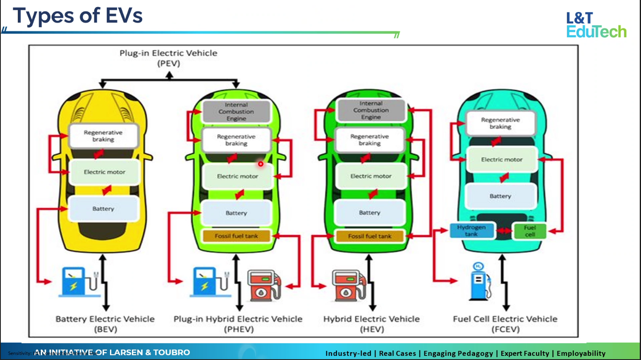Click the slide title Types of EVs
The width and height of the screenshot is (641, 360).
(78, 16)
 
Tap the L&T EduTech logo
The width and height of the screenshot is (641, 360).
(596, 25)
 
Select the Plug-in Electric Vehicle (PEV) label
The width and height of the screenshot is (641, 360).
(168, 58)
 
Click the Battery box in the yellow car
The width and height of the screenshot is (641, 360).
(103, 209)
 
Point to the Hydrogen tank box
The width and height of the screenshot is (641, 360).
(471, 231)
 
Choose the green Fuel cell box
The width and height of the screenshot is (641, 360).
(530, 231)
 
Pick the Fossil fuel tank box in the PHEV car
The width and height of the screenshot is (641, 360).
(236, 236)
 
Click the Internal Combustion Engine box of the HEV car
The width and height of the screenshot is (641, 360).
(371, 110)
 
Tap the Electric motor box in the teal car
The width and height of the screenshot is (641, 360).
(502, 160)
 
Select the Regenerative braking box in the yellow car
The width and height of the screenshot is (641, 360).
(103, 136)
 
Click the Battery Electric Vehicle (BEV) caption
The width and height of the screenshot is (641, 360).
(105, 324)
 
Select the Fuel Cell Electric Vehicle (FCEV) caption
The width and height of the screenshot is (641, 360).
(505, 324)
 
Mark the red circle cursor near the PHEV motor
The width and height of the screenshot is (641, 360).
(261, 164)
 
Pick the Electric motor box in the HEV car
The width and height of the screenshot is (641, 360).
(371, 176)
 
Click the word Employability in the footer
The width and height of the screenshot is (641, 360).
(581, 353)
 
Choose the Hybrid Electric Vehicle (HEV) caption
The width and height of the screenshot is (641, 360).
(371, 324)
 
